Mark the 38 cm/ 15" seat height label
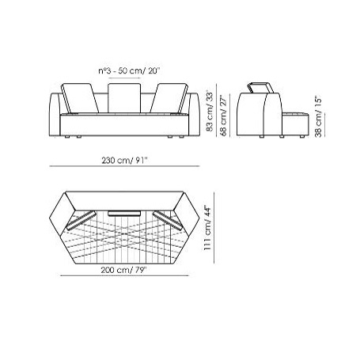pos(316,118)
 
